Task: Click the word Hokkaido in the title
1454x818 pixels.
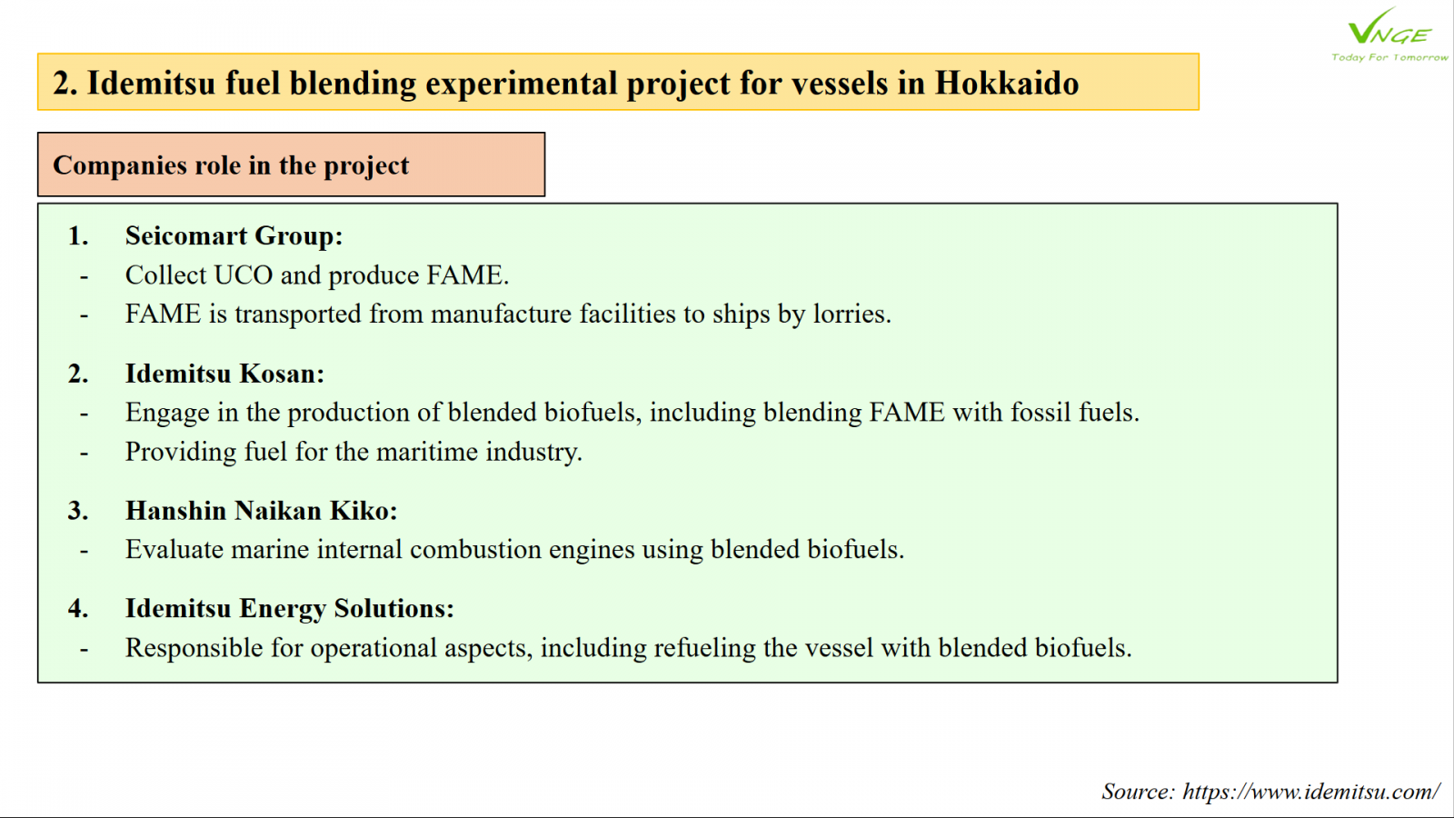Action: point(1007,83)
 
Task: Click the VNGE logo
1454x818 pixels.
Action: point(1389,26)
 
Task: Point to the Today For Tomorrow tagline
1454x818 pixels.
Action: point(1389,57)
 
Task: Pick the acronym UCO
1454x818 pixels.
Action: point(243,275)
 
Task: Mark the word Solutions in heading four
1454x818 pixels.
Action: point(394,609)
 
